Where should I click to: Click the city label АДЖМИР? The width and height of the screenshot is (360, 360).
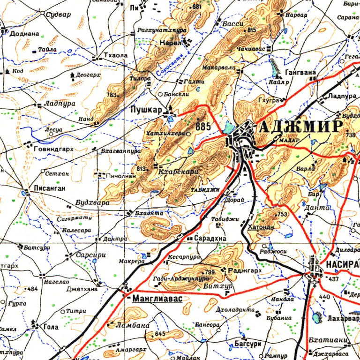(300, 127)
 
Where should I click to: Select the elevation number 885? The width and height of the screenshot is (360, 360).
(203, 127)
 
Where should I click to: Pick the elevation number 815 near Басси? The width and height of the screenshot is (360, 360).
(252, 30)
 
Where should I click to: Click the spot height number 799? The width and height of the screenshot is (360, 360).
(209, 272)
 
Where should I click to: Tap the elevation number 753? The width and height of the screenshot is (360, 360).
(282, 214)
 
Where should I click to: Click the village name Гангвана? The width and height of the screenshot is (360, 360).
(301, 73)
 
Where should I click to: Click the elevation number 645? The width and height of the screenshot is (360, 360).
(160, 333)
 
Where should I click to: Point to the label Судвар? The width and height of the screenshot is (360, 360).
(59, 15)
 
